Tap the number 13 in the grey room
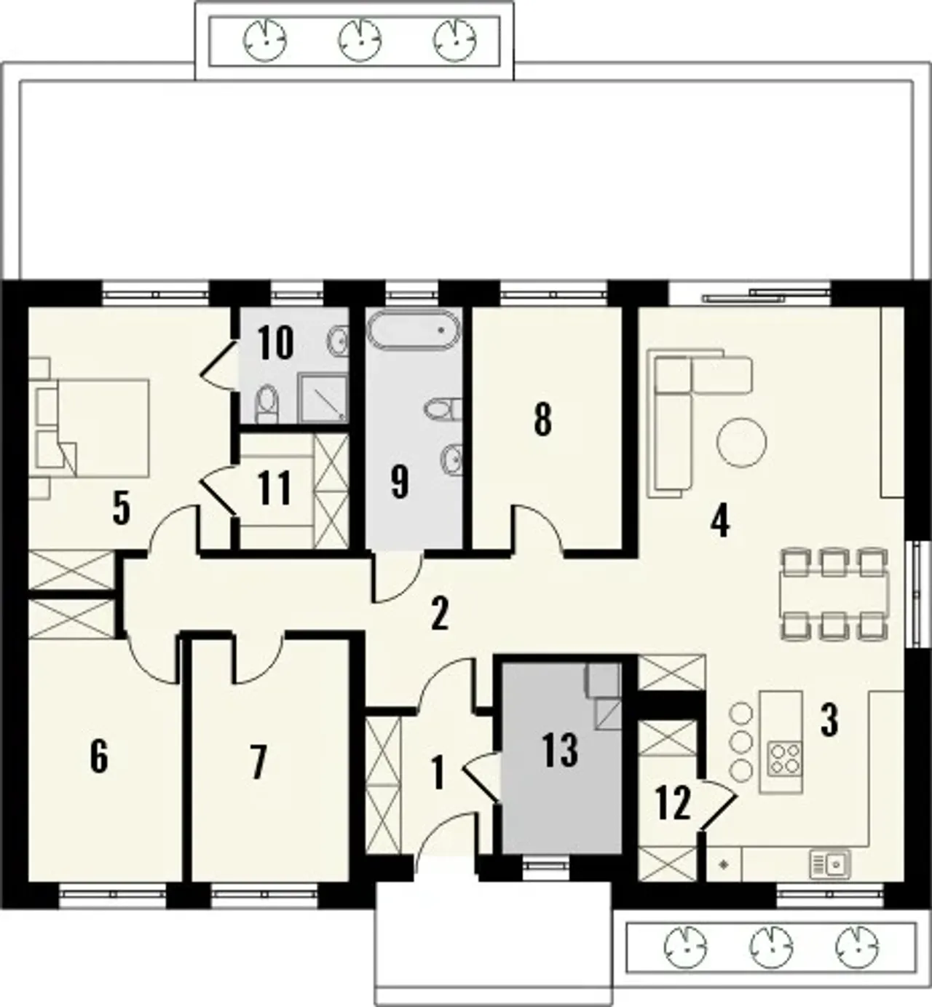click(560, 750)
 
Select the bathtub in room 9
click(413, 329)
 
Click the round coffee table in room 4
click(741, 442)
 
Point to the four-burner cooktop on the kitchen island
click(784, 759)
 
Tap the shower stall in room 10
click(323, 398)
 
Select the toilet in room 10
click(267, 405)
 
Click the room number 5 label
click(122, 508)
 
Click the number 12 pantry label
click(674, 802)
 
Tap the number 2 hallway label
click(439, 615)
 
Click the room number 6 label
click(99, 757)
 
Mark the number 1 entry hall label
click(438, 774)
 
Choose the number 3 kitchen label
click(829, 721)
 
